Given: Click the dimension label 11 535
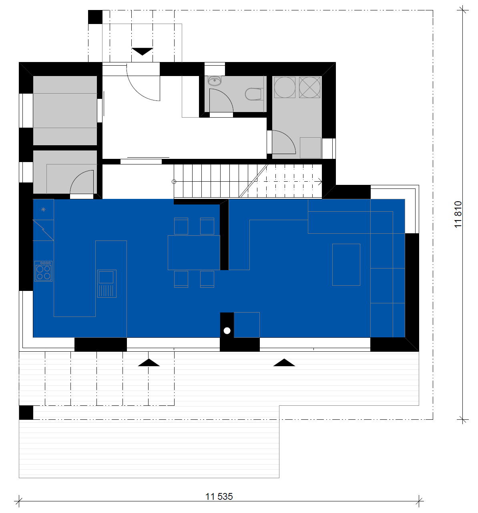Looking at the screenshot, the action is [x=219, y=496].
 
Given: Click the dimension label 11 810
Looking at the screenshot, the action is [x=458, y=214].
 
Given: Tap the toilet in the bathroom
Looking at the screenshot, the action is [x=254, y=94].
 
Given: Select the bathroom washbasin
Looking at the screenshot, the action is [x=214, y=81].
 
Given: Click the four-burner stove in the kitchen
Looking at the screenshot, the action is [x=43, y=271].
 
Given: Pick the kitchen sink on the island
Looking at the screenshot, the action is [x=107, y=284].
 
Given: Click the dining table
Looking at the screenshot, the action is [x=194, y=252].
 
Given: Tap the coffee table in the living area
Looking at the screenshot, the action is [x=346, y=265].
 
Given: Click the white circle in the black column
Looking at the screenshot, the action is [x=227, y=331].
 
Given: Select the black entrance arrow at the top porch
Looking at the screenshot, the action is [x=142, y=51].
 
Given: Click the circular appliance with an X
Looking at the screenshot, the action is [x=309, y=87].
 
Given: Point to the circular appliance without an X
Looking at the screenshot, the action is [x=285, y=87].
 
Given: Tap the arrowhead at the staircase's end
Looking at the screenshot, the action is [x=320, y=182].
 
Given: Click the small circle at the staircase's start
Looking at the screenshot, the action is [x=174, y=182].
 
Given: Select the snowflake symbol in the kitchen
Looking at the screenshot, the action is [x=43, y=209].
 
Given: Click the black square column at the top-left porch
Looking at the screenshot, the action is [x=95, y=17].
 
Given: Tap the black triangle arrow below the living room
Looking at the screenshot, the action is [x=284, y=363].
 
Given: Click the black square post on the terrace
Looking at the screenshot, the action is [x=26, y=413].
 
